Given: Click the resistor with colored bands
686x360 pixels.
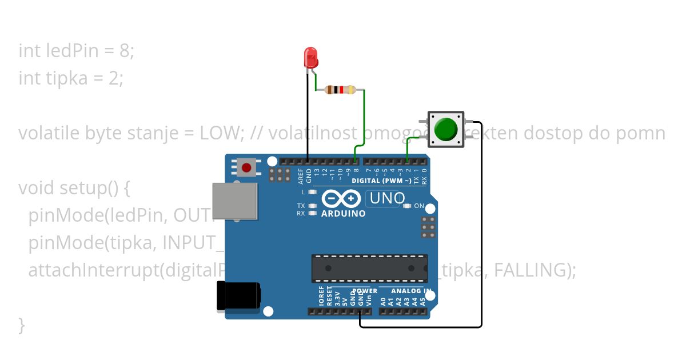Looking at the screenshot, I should click(x=340, y=90).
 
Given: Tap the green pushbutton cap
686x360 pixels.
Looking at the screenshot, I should click(x=445, y=129).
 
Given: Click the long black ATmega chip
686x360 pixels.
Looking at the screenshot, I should click(x=369, y=268).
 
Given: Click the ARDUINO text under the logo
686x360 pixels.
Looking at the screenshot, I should click(x=344, y=214).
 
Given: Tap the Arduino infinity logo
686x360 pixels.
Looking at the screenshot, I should click(x=341, y=198).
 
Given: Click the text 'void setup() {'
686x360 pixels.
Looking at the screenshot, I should click(x=75, y=187).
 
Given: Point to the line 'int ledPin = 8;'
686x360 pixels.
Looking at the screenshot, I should click(x=76, y=51).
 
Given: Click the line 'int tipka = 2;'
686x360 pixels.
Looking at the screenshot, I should click(x=71, y=78).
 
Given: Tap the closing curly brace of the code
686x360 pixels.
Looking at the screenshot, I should click(x=22, y=325).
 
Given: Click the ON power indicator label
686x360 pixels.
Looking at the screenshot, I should click(x=419, y=206).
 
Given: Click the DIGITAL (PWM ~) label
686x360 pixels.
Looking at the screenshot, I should click(x=381, y=181).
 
